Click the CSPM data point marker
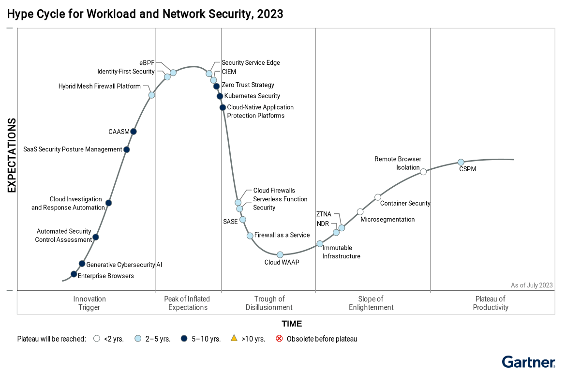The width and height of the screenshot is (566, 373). coord(461,162)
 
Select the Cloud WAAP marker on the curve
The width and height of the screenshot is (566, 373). coord(280,254)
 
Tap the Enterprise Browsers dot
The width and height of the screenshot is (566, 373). coord(74,274)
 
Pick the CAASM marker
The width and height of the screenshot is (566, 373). coord(134,132)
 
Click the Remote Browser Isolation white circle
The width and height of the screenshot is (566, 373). coord(423,172)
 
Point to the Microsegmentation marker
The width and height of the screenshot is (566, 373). coord(360,212)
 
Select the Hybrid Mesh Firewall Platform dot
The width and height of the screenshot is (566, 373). coord(151,95)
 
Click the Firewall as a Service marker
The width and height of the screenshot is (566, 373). coord(250,236)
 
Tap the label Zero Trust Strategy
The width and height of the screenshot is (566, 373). coord(248,85)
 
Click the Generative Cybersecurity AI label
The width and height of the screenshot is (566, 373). coord(124,265)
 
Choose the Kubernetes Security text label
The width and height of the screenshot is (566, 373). coord(252,96)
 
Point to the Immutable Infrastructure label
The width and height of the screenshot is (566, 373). coord(342,252)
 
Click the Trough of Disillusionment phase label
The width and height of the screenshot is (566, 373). coord(269,303)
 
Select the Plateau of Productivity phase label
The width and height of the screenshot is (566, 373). coord(491,303)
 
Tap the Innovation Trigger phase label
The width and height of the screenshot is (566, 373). coord(89,303)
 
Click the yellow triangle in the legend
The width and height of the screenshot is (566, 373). coord(234,338)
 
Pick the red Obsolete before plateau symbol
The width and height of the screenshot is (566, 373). coord(279,339)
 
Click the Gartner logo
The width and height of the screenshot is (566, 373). coord(528,362)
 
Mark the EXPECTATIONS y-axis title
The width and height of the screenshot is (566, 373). coord(12,155)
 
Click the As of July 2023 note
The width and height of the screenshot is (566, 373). coord(532,285)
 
